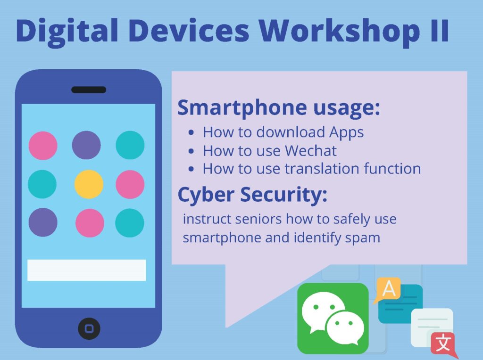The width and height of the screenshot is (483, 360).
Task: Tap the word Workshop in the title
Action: pos(339,31)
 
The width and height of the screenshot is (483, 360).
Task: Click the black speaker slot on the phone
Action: pos(89,90)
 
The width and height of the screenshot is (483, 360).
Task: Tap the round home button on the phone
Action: pos(89,328)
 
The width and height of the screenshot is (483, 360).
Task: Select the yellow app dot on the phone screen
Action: pos(89,184)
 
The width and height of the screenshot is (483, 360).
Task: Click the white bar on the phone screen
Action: pos(87,270)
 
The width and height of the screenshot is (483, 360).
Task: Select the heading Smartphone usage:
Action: pos(279,108)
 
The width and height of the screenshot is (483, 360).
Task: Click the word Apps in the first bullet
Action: pos(346,132)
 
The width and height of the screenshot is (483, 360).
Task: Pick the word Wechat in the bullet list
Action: pos(310,151)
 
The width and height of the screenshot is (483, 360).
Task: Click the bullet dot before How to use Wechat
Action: pos(192,151)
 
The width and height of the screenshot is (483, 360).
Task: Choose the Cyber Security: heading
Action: pos(252,195)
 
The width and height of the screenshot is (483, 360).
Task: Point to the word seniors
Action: pos(258,219)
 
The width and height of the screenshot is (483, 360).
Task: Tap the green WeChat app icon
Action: pos(333,319)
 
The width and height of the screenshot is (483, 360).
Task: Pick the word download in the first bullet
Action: pos(290,132)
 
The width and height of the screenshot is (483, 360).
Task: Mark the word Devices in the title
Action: pos(189,31)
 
